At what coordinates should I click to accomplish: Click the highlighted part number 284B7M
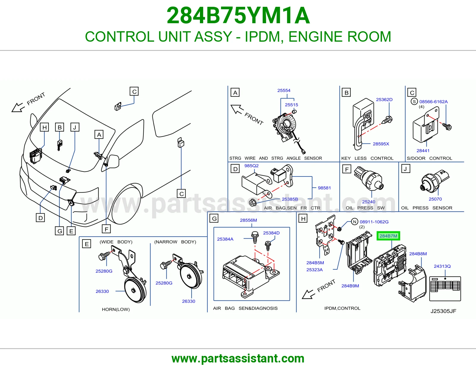388,236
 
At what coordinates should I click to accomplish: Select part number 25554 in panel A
284,90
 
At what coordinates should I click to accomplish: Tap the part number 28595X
381,144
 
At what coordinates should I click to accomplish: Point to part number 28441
423,151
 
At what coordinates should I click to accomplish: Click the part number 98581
324,188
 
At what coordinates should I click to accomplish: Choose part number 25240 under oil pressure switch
368,202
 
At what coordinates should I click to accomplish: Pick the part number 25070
435,199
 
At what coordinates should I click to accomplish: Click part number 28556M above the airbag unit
248,220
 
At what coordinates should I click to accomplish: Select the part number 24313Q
442,266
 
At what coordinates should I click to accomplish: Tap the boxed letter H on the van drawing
44,127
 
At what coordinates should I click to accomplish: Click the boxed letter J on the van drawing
75,127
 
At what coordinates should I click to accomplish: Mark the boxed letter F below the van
106,229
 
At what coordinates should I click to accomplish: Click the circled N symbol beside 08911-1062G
355,222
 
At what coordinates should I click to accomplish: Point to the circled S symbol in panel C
414,102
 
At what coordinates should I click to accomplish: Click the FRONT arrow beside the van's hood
18,107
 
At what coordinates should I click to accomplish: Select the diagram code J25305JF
443,311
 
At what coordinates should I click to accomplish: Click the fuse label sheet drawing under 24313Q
445,289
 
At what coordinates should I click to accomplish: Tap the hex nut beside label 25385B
253,203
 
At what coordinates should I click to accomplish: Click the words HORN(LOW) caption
116,309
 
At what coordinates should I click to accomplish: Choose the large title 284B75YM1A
238,15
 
